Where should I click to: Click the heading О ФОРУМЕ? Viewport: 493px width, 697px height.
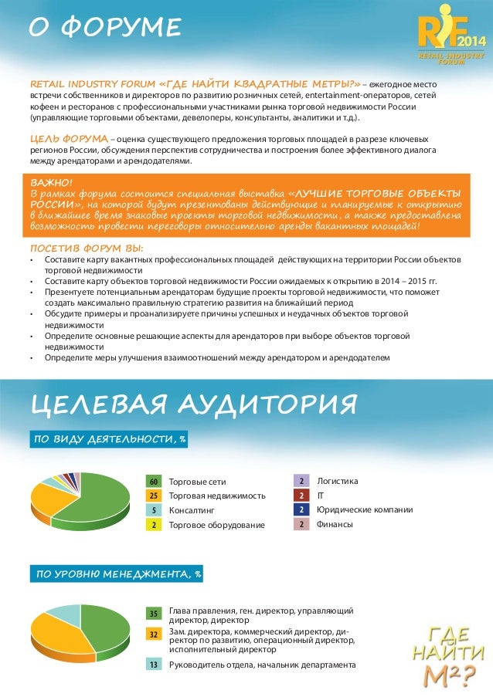[x=104, y=29]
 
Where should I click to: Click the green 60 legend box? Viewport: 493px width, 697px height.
[x=154, y=481]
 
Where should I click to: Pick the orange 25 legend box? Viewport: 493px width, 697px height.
[x=154, y=496]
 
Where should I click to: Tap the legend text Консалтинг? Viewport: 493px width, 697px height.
[x=191, y=510]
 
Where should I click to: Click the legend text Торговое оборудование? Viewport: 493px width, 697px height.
[x=216, y=525]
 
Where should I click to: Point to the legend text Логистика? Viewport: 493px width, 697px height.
[x=338, y=480]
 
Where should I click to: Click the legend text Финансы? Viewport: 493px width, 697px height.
[x=335, y=524]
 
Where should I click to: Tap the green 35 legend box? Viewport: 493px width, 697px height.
[x=154, y=614]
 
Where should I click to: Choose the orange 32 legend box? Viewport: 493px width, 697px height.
[x=154, y=633]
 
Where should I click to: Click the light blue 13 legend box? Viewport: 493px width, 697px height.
[x=154, y=664]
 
